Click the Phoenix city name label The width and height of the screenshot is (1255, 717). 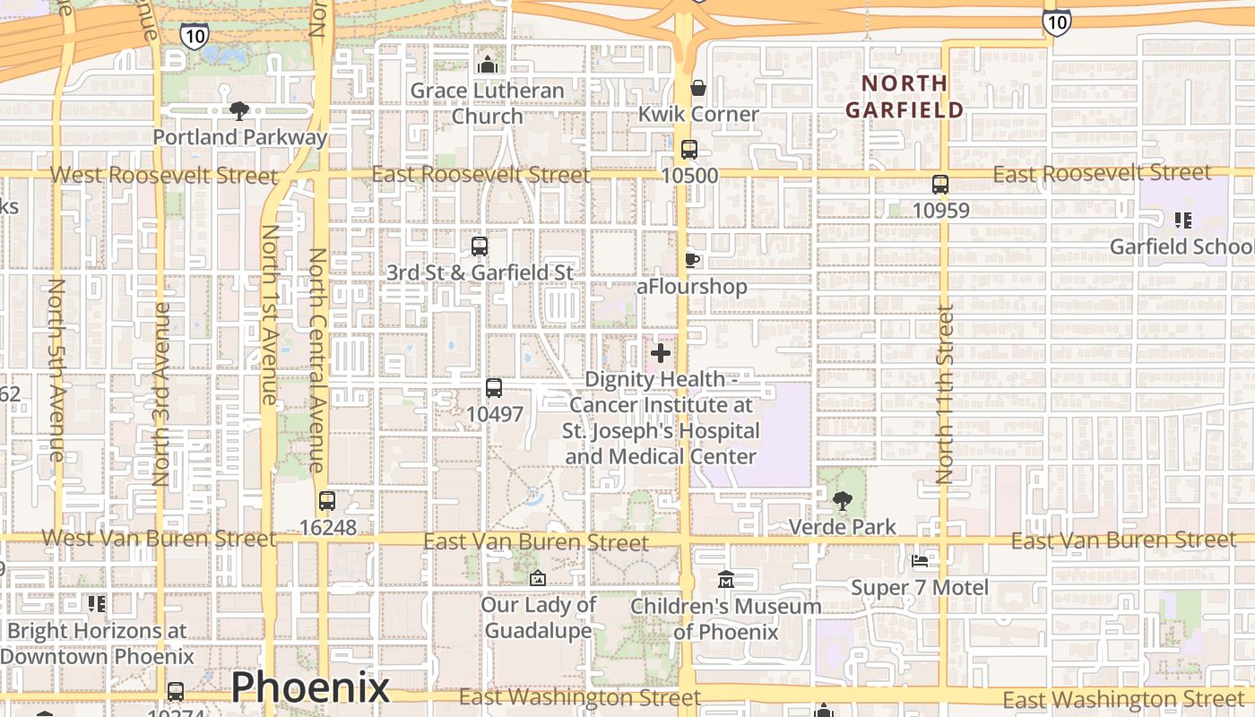(310, 687)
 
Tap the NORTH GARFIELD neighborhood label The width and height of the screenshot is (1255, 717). (904, 97)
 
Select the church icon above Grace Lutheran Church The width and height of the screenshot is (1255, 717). (488, 65)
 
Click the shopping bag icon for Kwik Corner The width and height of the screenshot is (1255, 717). (697, 88)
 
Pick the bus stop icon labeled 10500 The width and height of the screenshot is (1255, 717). (688, 150)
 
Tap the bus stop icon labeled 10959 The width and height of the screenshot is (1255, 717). (939, 185)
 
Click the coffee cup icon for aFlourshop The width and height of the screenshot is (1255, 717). (691, 260)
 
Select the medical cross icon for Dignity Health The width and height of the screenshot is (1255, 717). (661, 353)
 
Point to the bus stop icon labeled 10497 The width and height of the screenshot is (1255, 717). (493, 388)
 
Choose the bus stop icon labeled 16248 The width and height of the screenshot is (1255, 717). (327, 501)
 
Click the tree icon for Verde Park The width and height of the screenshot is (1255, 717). (842, 500)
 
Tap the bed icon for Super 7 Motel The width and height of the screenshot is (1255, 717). (920, 562)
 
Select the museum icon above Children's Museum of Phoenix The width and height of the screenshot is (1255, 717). (725, 580)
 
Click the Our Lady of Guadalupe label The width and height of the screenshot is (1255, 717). (538, 618)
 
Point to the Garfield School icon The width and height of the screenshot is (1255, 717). (1182, 220)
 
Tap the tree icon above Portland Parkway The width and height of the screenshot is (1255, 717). (239, 111)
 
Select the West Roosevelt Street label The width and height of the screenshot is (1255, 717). (164, 175)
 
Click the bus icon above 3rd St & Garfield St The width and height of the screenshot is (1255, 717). (480, 246)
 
